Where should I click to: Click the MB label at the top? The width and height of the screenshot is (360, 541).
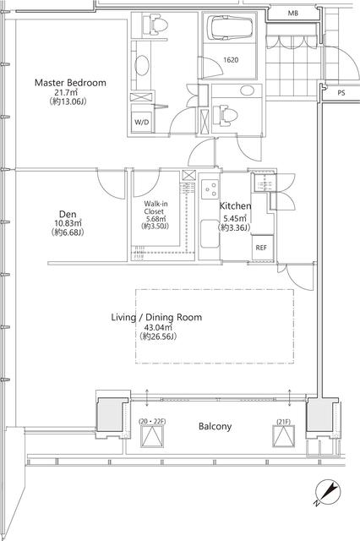292,14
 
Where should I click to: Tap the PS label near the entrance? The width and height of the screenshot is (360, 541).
341,93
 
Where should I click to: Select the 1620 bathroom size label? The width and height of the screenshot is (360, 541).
231,60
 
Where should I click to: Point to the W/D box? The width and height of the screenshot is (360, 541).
141,123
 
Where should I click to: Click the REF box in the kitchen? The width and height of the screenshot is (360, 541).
262,247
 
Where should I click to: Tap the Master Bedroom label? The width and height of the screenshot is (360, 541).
69,82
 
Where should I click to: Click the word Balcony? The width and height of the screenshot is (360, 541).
215,426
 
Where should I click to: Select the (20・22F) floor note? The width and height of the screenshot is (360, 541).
152,420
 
